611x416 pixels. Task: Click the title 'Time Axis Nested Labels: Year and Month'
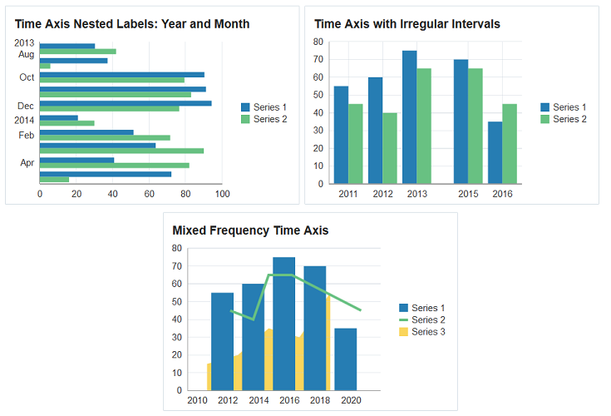click(x=132, y=24)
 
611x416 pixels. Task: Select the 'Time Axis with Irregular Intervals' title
click(x=407, y=24)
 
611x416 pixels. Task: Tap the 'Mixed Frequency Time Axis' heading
click(x=250, y=230)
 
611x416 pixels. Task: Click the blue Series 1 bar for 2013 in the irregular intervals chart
click(x=409, y=116)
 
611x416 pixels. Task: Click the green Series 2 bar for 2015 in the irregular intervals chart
click(x=475, y=126)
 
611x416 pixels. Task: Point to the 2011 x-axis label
click(x=348, y=195)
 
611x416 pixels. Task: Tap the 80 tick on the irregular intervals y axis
click(x=318, y=42)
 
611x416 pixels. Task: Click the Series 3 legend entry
click(x=427, y=332)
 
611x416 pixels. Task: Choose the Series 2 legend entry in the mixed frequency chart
click(x=427, y=320)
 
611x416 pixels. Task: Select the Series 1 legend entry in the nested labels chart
click(x=269, y=107)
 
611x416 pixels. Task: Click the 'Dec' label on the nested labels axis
click(x=26, y=106)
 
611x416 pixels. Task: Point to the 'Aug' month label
click(x=26, y=55)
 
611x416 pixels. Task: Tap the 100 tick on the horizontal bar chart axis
click(x=222, y=195)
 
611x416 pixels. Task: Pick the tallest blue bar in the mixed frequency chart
click(x=283, y=324)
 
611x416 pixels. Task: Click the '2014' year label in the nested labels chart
click(x=24, y=120)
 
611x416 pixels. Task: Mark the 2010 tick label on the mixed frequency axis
click(x=197, y=401)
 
